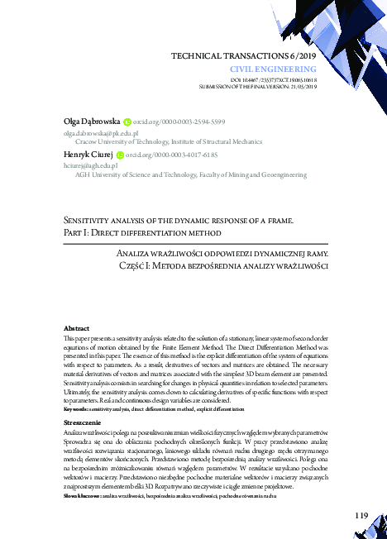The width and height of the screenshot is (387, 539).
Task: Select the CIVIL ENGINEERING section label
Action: coord(286,68)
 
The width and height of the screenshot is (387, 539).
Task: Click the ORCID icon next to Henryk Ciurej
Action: coord(120,155)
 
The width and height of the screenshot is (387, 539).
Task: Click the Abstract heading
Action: coord(77,328)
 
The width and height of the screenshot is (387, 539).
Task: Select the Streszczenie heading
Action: coord(82,422)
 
